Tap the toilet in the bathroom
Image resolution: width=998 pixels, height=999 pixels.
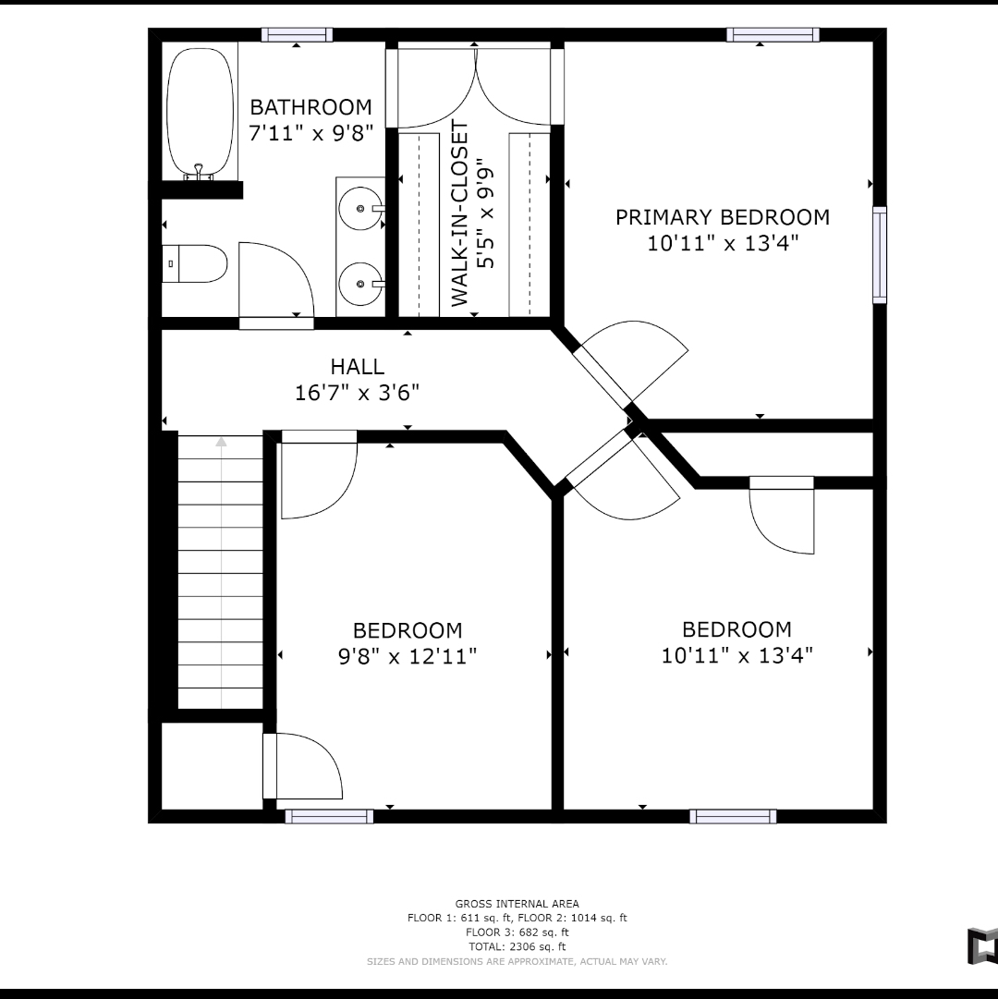pos(194,263)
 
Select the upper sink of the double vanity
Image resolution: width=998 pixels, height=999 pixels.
pos(361,208)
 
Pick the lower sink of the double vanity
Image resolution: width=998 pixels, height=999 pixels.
pos(361,284)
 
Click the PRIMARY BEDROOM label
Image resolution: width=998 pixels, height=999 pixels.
pos(723,217)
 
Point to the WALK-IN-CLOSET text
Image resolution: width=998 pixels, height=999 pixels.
pos(459,214)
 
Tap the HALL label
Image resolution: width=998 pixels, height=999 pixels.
pos(358,366)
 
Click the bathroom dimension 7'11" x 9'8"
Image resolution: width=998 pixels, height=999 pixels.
pos(310,133)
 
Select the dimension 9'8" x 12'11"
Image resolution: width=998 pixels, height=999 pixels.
pos(408,655)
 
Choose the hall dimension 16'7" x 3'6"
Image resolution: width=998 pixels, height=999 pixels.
pos(358,393)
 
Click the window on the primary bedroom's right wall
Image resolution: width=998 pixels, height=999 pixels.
pos(880,255)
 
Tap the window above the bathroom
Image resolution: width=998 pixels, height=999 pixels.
pos(297,35)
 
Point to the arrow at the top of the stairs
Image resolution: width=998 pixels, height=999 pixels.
pos(221,442)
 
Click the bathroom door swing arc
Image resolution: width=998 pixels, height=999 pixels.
pos(292,262)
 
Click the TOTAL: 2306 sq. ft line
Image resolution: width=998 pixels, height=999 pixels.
pos(517,946)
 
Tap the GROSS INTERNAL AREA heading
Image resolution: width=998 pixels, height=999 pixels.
pos(517,904)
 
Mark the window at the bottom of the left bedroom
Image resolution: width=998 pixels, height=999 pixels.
pos(329,816)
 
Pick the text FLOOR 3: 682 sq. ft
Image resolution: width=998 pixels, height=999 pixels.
pos(517,932)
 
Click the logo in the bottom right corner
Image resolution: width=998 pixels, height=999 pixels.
pos(982,946)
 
